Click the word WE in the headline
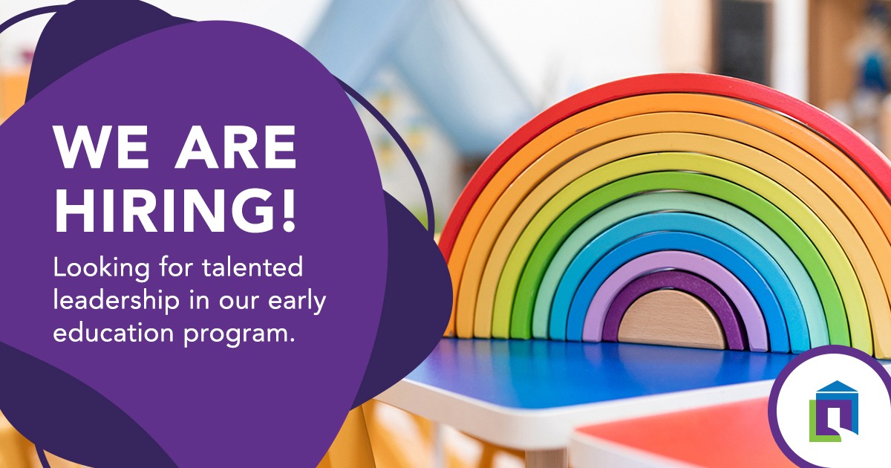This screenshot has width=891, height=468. pos(102,147)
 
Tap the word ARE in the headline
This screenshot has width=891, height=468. pos(236,147)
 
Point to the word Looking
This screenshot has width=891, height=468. pos(102,268)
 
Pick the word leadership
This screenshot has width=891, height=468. pos(117,302)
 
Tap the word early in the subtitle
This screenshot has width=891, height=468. pos(297,302)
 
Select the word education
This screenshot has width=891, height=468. pos(114,332)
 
